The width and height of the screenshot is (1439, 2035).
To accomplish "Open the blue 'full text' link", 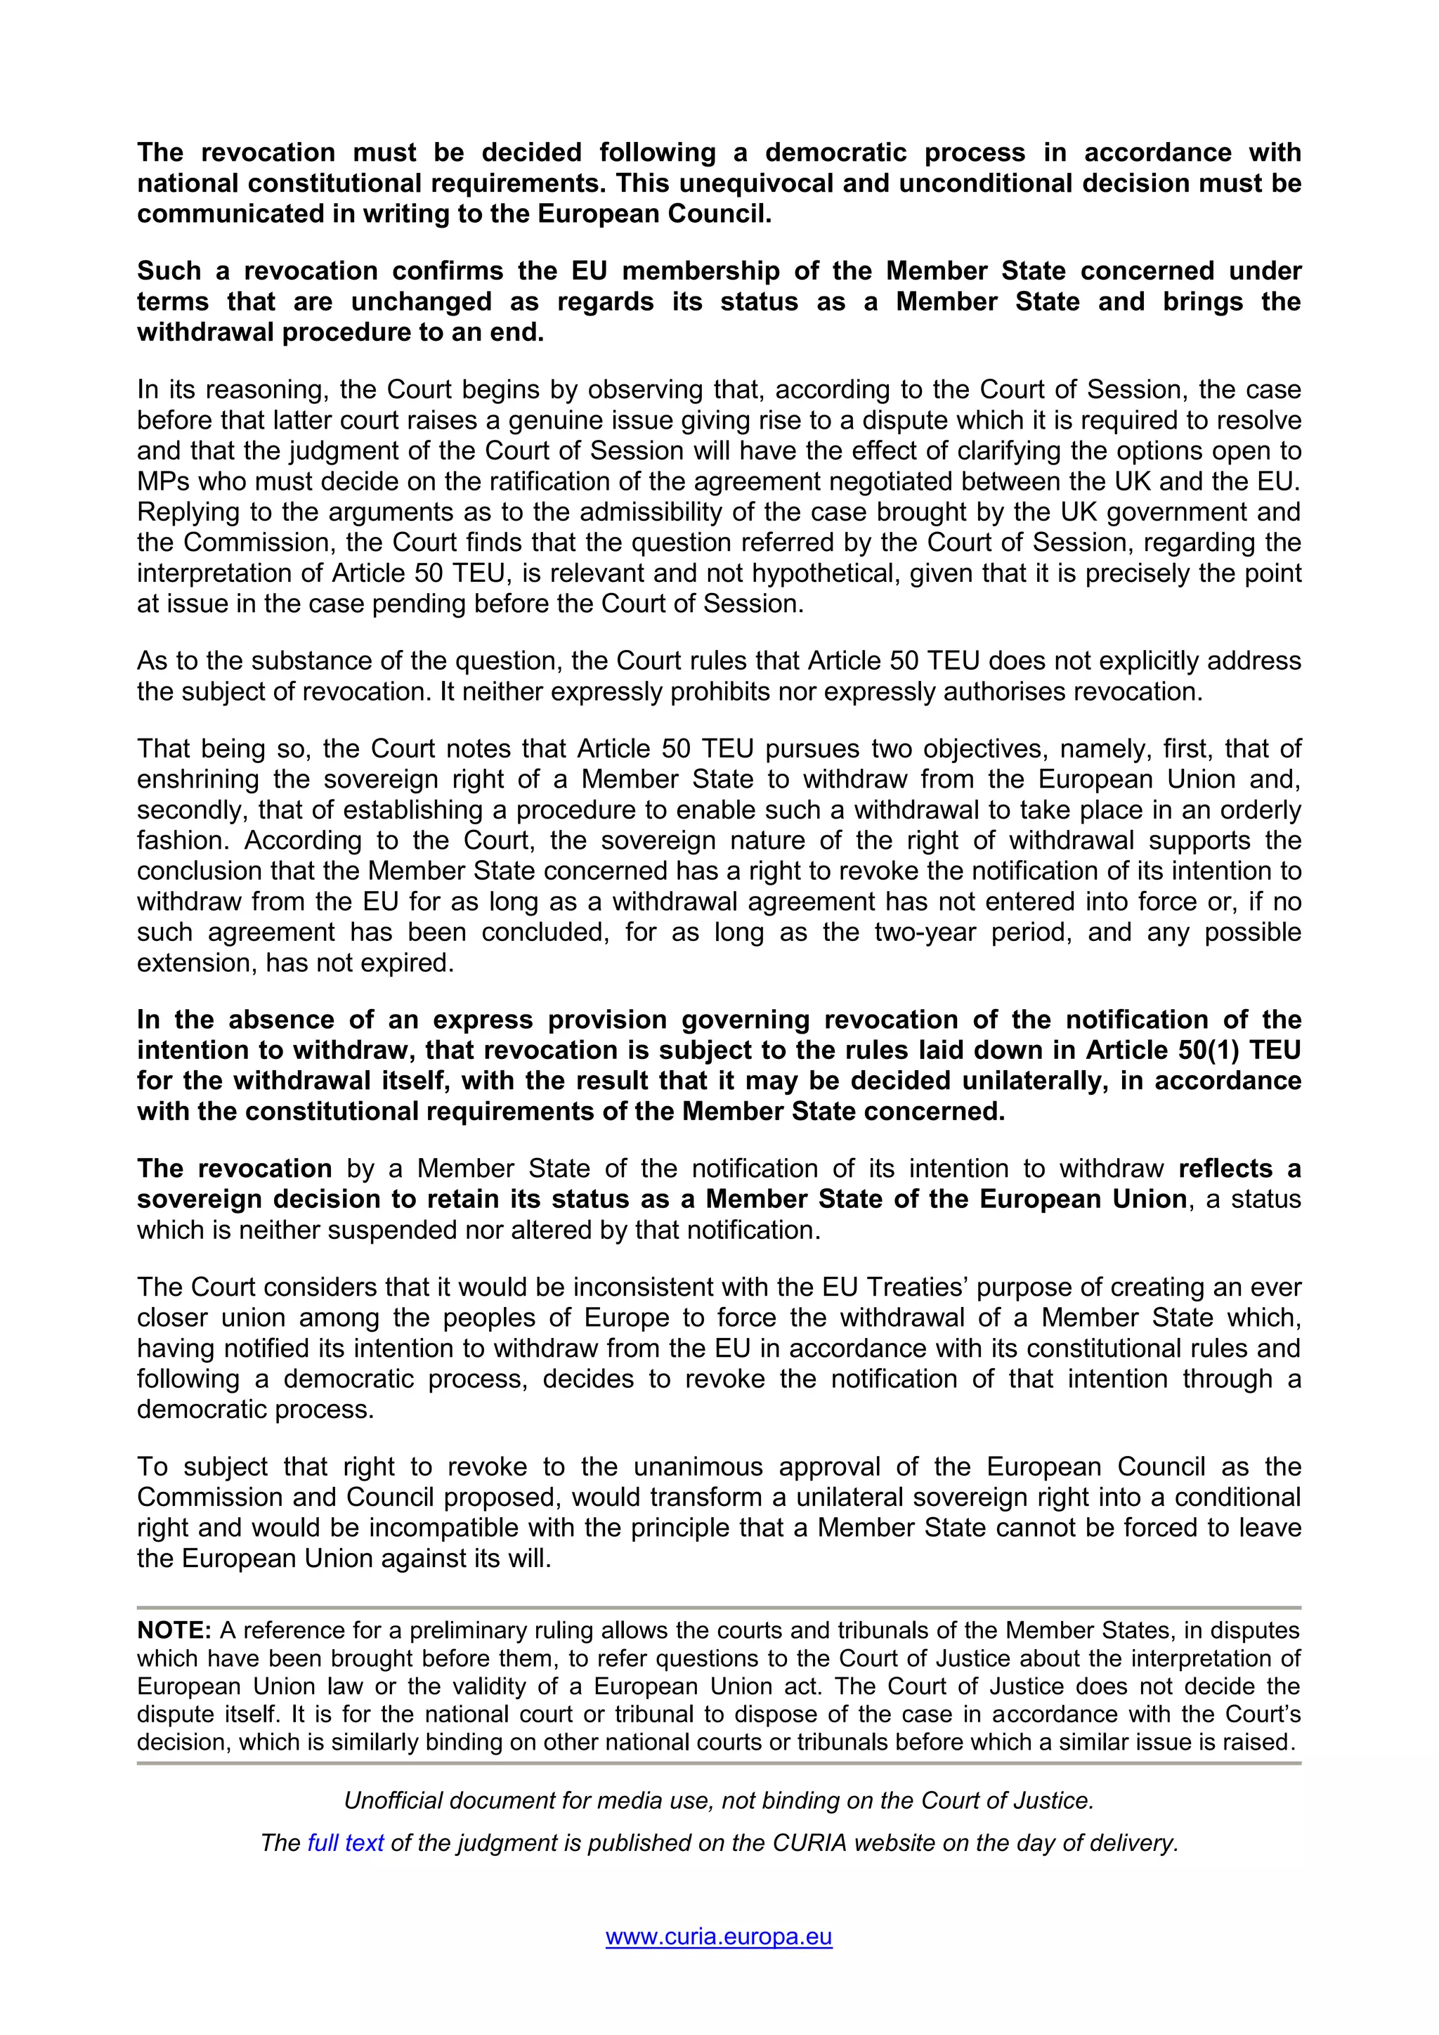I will coord(345,1842).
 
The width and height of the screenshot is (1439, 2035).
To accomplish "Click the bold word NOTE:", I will coord(174,1631).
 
